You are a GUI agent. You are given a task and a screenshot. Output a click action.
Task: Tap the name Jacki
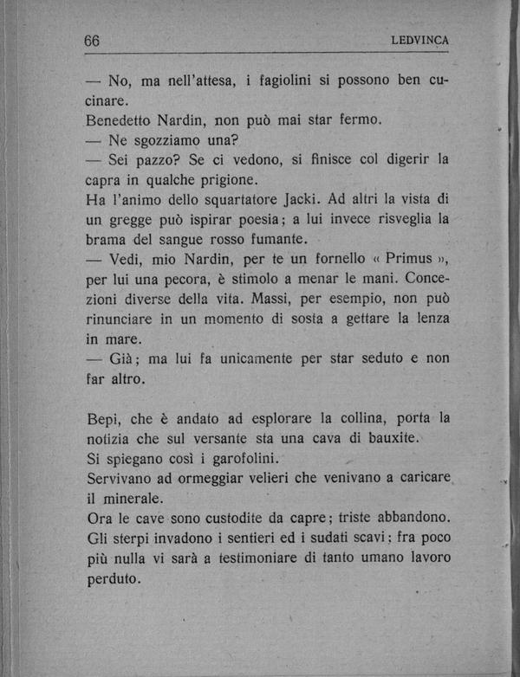[303, 199]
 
